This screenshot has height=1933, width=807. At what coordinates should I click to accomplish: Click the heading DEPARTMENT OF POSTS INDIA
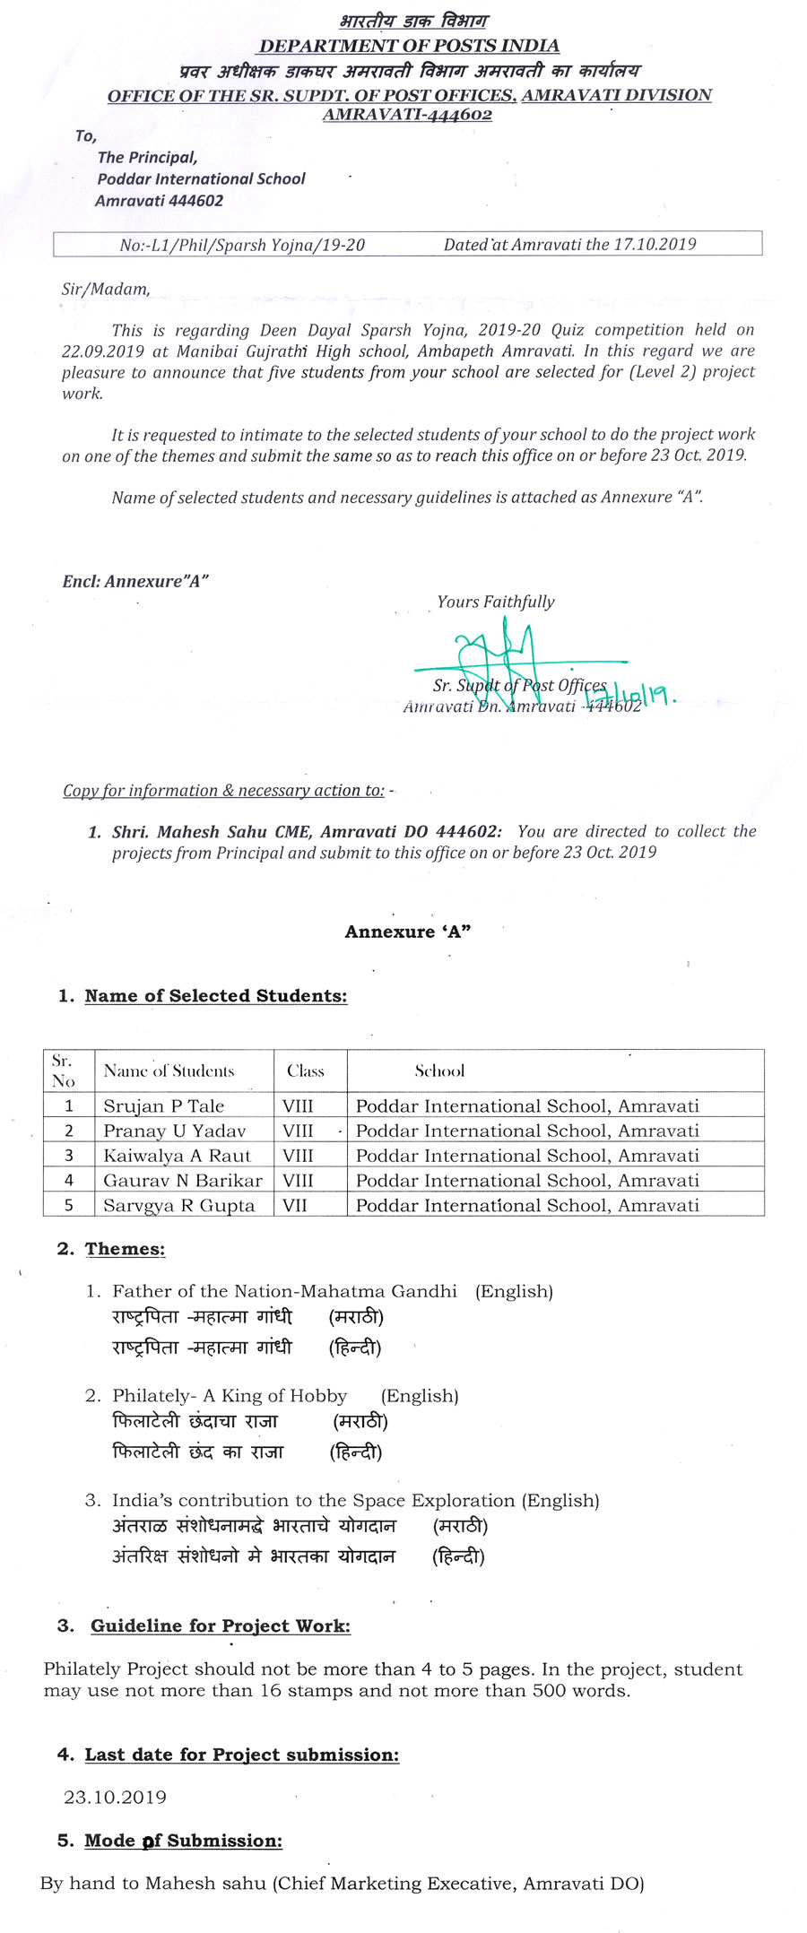click(x=409, y=46)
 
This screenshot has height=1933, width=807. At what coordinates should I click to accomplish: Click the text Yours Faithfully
click(x=496, y=602)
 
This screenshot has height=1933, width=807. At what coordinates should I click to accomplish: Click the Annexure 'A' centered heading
click(x=408, y=932)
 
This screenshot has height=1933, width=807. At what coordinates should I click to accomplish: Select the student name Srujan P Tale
click(x=163, y=1105)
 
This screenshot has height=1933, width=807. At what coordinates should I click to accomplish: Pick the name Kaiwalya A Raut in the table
click(x=177, y=1156)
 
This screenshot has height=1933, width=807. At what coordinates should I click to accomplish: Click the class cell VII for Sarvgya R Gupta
click(x=295, y=1206)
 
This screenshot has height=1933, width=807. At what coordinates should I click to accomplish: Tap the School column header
click(x=439, y=1071)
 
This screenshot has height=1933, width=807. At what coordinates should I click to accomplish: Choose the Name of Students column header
click(x=169, y=1071)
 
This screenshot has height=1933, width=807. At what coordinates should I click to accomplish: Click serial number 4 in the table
click(x=69, y=1181)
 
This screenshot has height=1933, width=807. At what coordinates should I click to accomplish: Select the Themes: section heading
click(x=125, y=1249)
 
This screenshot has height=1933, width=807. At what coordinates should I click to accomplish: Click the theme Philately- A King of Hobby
click(x=230, y=1395)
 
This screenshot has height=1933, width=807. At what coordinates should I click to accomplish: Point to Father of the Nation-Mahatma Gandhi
click(x=284, y=1291)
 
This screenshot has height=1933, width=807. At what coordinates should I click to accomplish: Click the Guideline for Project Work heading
click(x=220, y=1625)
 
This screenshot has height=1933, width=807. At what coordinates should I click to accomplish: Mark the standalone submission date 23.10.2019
click(x=115, y=1797)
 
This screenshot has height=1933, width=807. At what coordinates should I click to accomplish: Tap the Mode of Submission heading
click(x=183, y=1841)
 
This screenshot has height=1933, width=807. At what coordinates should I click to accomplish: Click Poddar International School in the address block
click(x=202, y=178)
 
